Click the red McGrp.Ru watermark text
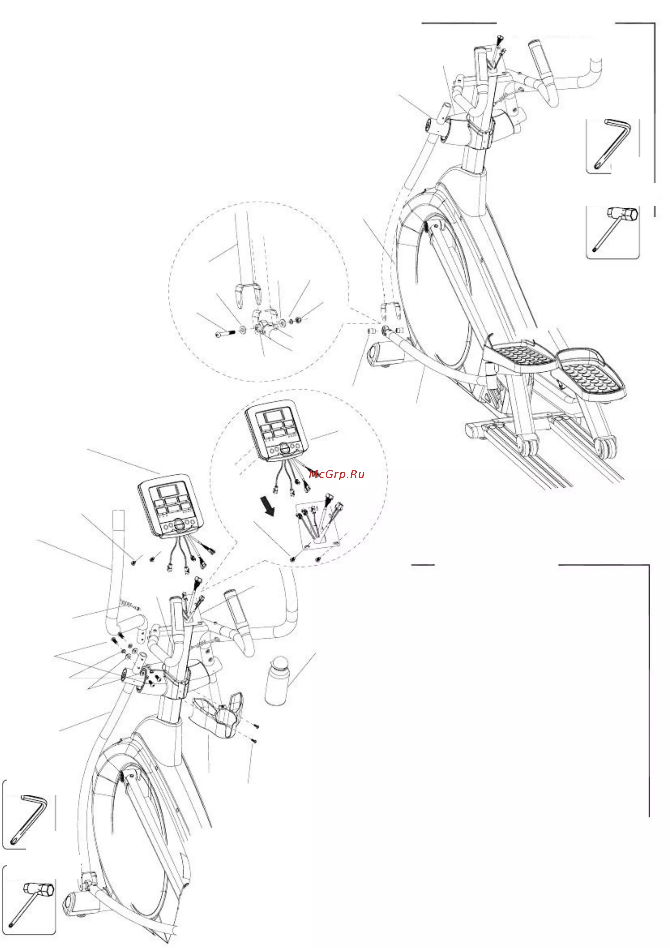[x=336, y=474]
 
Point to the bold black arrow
[x=268, y=507]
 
